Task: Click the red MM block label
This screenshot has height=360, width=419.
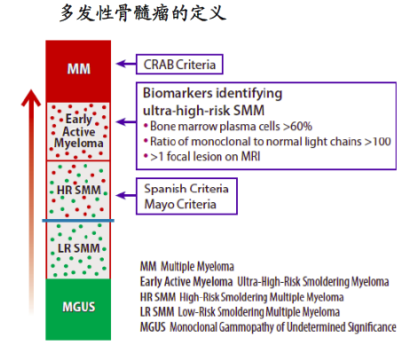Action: tap(79, 69)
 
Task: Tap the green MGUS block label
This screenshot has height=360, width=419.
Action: tap(79, 307)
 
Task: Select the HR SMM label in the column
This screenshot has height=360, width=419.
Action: tap(79, 190)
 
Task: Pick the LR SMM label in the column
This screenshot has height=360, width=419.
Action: tap(79, 248)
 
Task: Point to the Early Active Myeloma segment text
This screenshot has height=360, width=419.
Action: tap(79, 131)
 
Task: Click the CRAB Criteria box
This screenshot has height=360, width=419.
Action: tap(179, 64)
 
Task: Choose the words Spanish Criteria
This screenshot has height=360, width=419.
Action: tap(186, 189)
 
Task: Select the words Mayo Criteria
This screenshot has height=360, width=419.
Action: tap(180, 204)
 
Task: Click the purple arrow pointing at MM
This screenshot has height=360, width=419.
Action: tap(126, 64)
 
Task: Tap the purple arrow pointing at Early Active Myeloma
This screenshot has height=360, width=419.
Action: tap(126, 121)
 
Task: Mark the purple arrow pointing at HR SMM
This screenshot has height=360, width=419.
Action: tap(126, 195)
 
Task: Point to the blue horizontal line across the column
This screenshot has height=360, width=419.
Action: tap(78, 221)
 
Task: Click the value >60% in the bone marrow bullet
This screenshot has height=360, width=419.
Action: tap(297, 126)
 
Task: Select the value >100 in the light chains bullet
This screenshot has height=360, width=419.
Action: tap(378, 141)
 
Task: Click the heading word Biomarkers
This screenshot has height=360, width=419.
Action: tap(178, 93)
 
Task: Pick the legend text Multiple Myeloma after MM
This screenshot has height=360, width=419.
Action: tap(197, 267)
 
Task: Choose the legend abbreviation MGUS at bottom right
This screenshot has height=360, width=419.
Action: tap(153, 327)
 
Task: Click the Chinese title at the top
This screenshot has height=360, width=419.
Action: tap(143, 13)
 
